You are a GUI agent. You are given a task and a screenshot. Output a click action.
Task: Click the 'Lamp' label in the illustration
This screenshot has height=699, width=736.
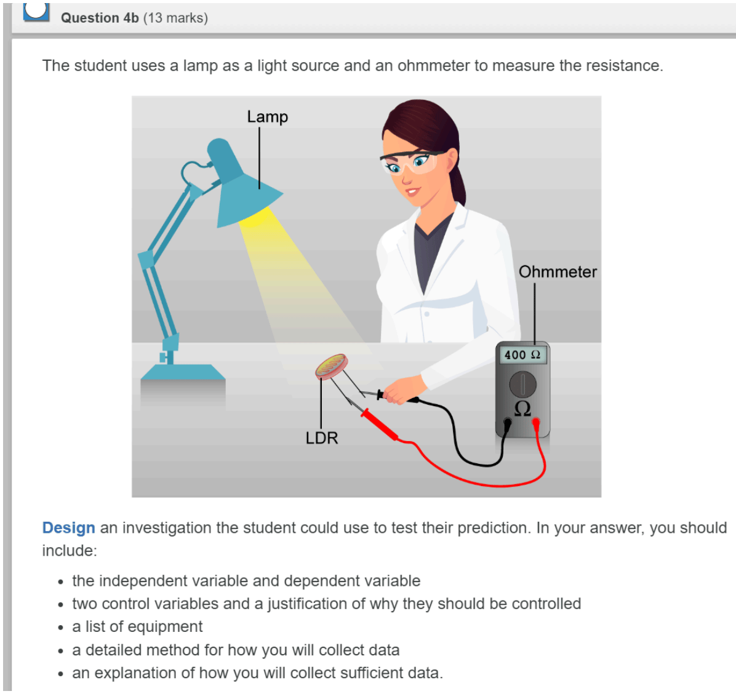tap(268, 117)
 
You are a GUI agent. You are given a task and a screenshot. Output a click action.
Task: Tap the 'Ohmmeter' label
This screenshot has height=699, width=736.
tap(558, 272)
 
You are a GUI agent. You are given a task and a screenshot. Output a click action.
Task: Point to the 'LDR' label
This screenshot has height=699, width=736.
tap(321, 438)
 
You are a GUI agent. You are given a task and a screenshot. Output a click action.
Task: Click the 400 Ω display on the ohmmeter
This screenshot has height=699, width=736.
tap(522, 355)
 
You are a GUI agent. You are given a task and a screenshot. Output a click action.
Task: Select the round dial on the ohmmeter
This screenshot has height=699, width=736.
tap(523, 384)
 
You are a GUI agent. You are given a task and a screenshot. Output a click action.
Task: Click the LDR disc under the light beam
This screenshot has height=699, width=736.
tap(332, 366)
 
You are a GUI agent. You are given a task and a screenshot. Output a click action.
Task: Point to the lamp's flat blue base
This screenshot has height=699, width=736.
tap(183, 372)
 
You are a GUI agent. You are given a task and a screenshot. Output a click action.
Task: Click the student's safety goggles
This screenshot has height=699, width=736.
tap(410, 162)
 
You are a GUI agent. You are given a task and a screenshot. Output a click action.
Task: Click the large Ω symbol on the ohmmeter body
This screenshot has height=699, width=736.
tap(522, 409)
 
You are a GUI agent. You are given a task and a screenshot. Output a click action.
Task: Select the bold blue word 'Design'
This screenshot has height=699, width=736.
tap(68, 528)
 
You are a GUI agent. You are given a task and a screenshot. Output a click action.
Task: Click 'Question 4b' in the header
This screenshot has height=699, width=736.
tap(100, 18)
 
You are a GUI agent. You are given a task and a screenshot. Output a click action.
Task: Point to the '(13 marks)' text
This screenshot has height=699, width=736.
tap(175, 18)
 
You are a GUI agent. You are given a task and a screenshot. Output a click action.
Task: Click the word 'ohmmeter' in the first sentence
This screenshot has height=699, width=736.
tap(433, 66)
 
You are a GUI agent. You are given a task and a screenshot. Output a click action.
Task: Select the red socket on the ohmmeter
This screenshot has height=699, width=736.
tap(535, 423)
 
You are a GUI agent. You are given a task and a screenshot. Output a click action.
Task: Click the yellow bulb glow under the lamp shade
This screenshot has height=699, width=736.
tap(254, 217)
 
